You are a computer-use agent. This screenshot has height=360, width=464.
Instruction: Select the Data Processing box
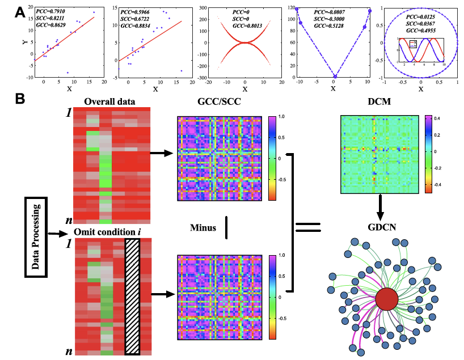click(36, 236)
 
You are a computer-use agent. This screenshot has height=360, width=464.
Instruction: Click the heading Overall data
click(111, 102)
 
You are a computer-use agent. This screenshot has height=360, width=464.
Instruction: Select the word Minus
click(204, 228)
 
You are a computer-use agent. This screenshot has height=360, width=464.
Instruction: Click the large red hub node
click(387, 299)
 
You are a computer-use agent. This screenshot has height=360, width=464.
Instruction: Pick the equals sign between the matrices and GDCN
click(307, 228)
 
